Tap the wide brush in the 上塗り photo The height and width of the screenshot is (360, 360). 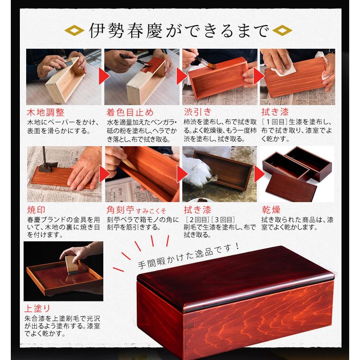coord(73,265)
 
